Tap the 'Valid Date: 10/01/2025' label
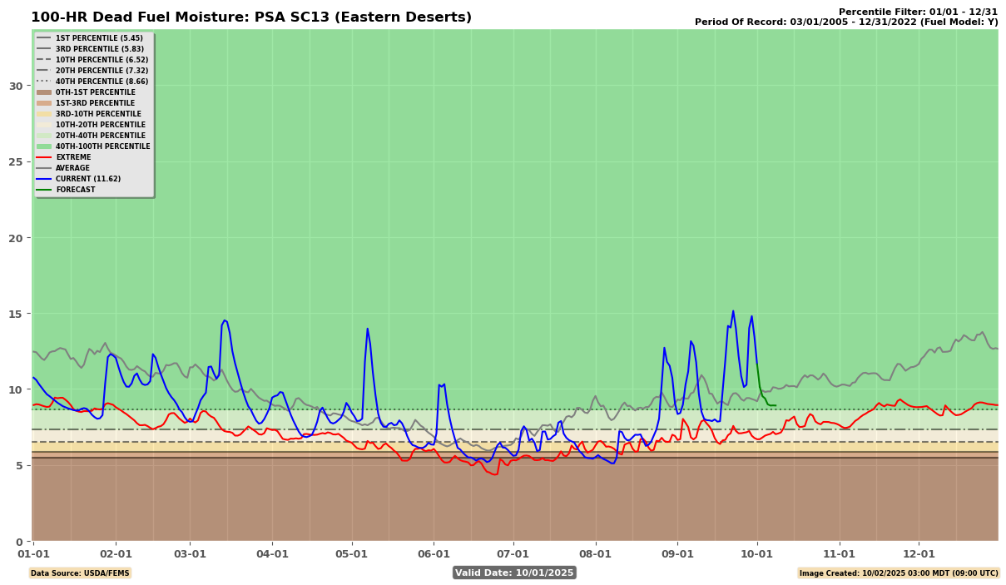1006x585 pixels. (x=514, y=573)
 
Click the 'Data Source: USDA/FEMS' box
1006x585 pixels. (x=80, y=573)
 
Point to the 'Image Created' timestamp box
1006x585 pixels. (x=898, y=573)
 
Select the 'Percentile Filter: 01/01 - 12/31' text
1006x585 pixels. (x=918, y=12)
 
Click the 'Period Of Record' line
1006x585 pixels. (x=846, y=22)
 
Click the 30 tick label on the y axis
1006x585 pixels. (x=16, y=86)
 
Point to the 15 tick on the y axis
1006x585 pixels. (x=16, y=314)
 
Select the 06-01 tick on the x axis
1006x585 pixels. (x=434, y=553)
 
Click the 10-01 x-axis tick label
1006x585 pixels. (x=756, y=553)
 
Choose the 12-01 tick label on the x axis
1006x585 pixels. (x=919, y=553)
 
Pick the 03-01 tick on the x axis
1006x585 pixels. (x=190, y=553)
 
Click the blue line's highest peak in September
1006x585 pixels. (x=733, y=311)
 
